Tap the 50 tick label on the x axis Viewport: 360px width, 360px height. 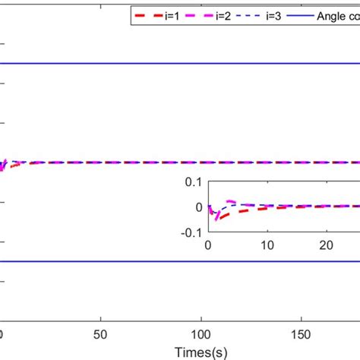101,333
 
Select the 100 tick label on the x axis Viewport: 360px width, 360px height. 201,333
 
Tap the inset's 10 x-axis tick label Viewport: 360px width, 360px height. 266,245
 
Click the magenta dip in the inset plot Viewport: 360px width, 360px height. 216,218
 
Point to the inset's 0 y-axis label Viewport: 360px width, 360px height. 199,207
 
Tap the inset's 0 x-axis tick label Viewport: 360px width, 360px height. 207,245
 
